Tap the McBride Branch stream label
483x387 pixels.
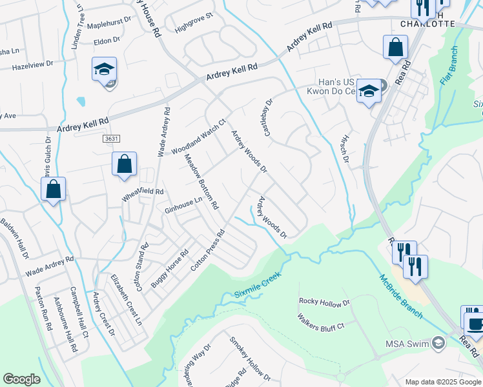pyautogui.click(x=401, y=296)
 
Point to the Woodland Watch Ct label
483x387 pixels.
pyautogui.click(x=198, y=137)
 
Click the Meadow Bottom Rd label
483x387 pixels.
pyautogui.click(x=202, y=182)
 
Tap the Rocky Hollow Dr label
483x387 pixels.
pyautogui.click(x=324, y=302)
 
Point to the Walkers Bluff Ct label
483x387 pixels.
pyautogui.click(x=321, y=323)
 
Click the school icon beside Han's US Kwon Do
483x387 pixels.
pyautogui.click(x=369, y=91)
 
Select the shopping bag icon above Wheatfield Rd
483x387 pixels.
pyautogui.click(x=124, y=164)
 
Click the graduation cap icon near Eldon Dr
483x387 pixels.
pyautogui.click(x=103, y=69)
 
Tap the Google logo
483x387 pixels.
pyautogui.click(x=21, y=379)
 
